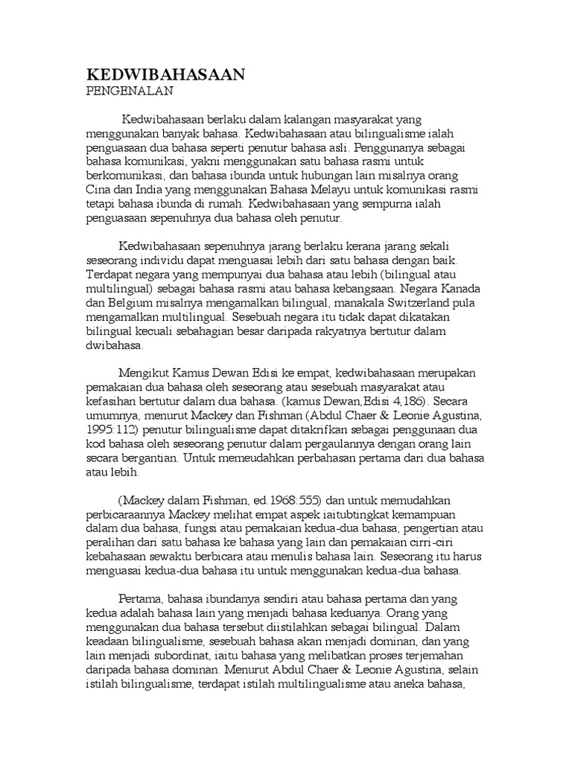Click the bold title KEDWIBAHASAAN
[x=166, y=76]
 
